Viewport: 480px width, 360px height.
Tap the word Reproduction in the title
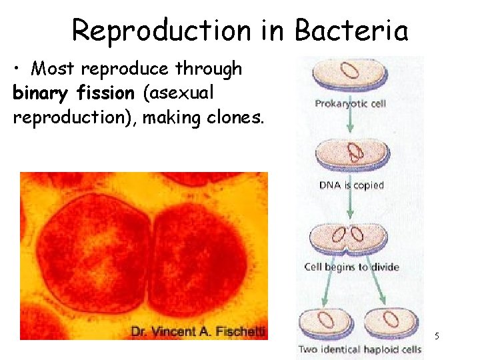(161, 30)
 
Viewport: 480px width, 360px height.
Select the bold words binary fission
(73, 93)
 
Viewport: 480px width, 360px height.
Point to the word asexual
(179, 93)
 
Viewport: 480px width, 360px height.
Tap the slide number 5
(437, 336)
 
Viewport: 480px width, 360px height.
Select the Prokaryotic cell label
(350, 103)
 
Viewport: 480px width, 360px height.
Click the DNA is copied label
(351, 185)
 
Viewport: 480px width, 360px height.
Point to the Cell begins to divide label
(351, 267)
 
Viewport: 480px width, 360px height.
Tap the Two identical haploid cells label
(359, 349)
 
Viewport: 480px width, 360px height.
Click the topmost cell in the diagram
(350, 73)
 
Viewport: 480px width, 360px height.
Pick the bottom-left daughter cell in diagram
(325, 320)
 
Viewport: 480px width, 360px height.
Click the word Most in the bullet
(53, 69)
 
